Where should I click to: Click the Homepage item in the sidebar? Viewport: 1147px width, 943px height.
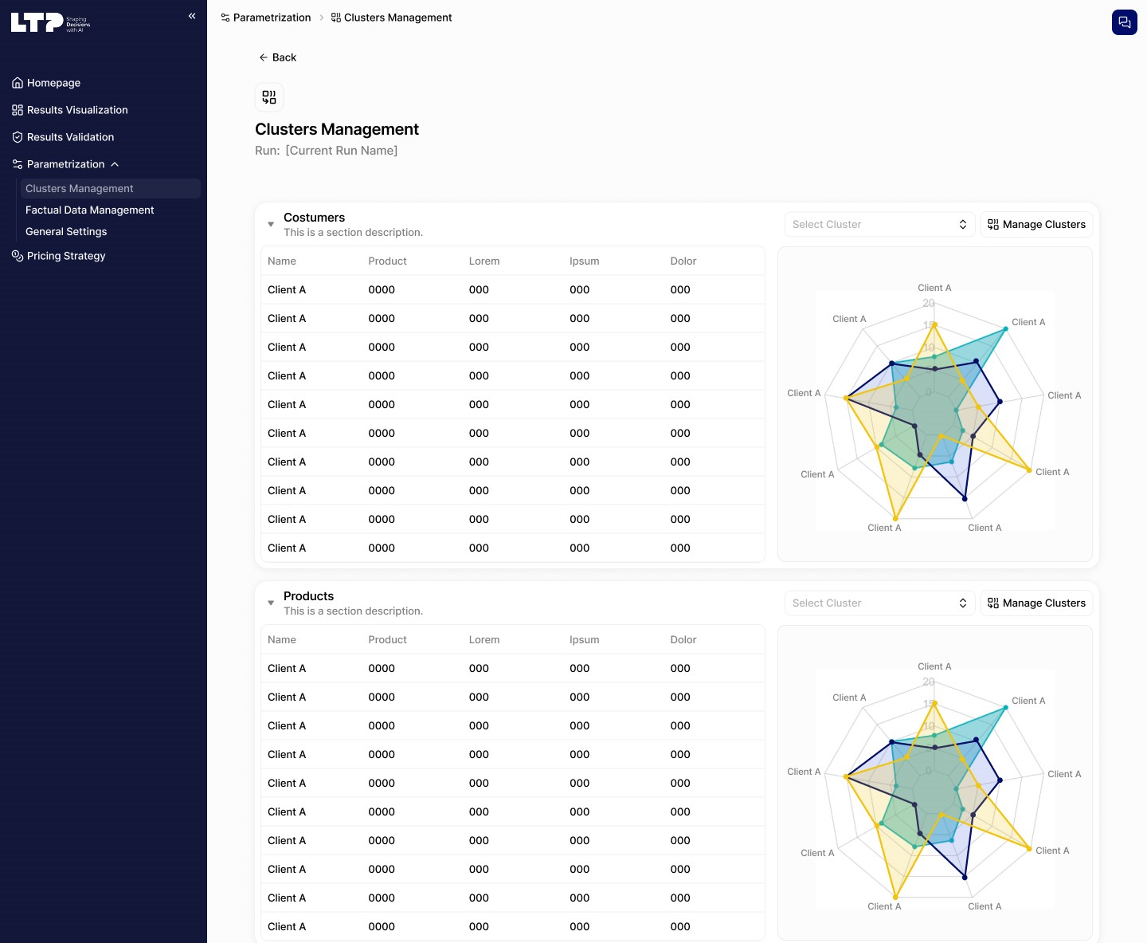tap(53, 83)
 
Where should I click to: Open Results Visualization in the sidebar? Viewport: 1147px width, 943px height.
tap(76, 110)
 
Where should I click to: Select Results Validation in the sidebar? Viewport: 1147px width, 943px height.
tap(70, 137)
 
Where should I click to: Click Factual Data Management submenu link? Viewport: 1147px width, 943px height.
tap(89, 210)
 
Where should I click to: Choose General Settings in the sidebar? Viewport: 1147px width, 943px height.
tap(66, 231)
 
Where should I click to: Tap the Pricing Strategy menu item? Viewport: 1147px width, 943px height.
tap(65, 256)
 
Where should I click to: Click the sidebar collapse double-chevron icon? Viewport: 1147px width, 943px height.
tap(192, 16)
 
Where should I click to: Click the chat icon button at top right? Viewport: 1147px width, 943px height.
tap(1124, 22)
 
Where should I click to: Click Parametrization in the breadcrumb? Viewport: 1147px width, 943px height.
tap(271, 18)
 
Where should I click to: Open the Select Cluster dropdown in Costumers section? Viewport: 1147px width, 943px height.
tap(879, 225)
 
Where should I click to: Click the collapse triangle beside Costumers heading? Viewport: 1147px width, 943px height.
tap(271, 225)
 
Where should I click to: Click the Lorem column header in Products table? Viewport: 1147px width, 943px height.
tap(483, 639)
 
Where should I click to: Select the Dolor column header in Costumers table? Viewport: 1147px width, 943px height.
tap(683, 261)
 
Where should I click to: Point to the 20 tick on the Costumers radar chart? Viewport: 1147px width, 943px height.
tap(929, 303)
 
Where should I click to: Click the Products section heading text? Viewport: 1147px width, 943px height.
tap(308, 596)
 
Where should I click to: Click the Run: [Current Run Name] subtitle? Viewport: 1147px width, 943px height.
tap(326, 151)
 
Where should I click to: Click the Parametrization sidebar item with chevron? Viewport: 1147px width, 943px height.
tap(65, 164)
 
